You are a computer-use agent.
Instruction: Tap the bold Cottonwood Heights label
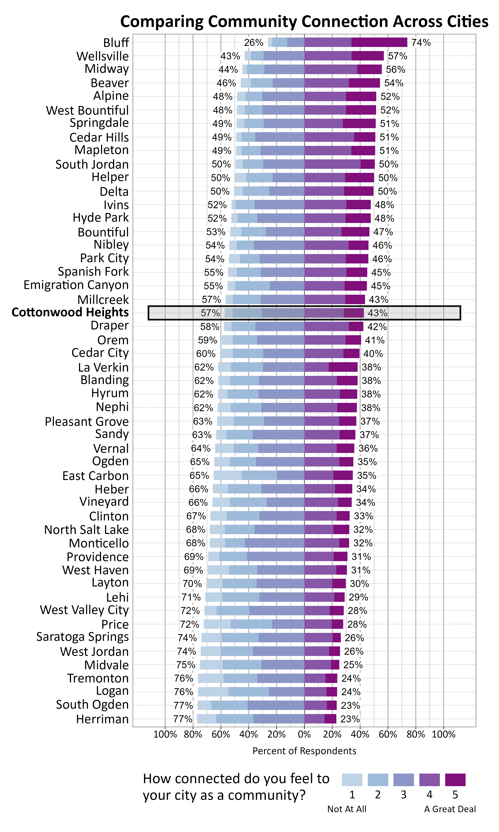(70, 312)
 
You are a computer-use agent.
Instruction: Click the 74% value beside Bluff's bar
(421, 43)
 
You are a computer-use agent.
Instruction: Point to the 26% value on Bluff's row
(254, 43)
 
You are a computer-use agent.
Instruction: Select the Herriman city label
(102, 719)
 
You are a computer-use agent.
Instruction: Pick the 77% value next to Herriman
(183, 719)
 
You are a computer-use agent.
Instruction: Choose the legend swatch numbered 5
(455, 779)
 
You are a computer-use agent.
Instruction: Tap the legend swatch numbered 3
(403, 779)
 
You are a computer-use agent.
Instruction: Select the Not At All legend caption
(347, 809)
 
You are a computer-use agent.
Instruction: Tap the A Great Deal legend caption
(450, 809)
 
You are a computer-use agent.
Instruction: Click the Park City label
(104, 258)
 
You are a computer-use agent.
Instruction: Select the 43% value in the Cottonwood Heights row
(377, 313)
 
